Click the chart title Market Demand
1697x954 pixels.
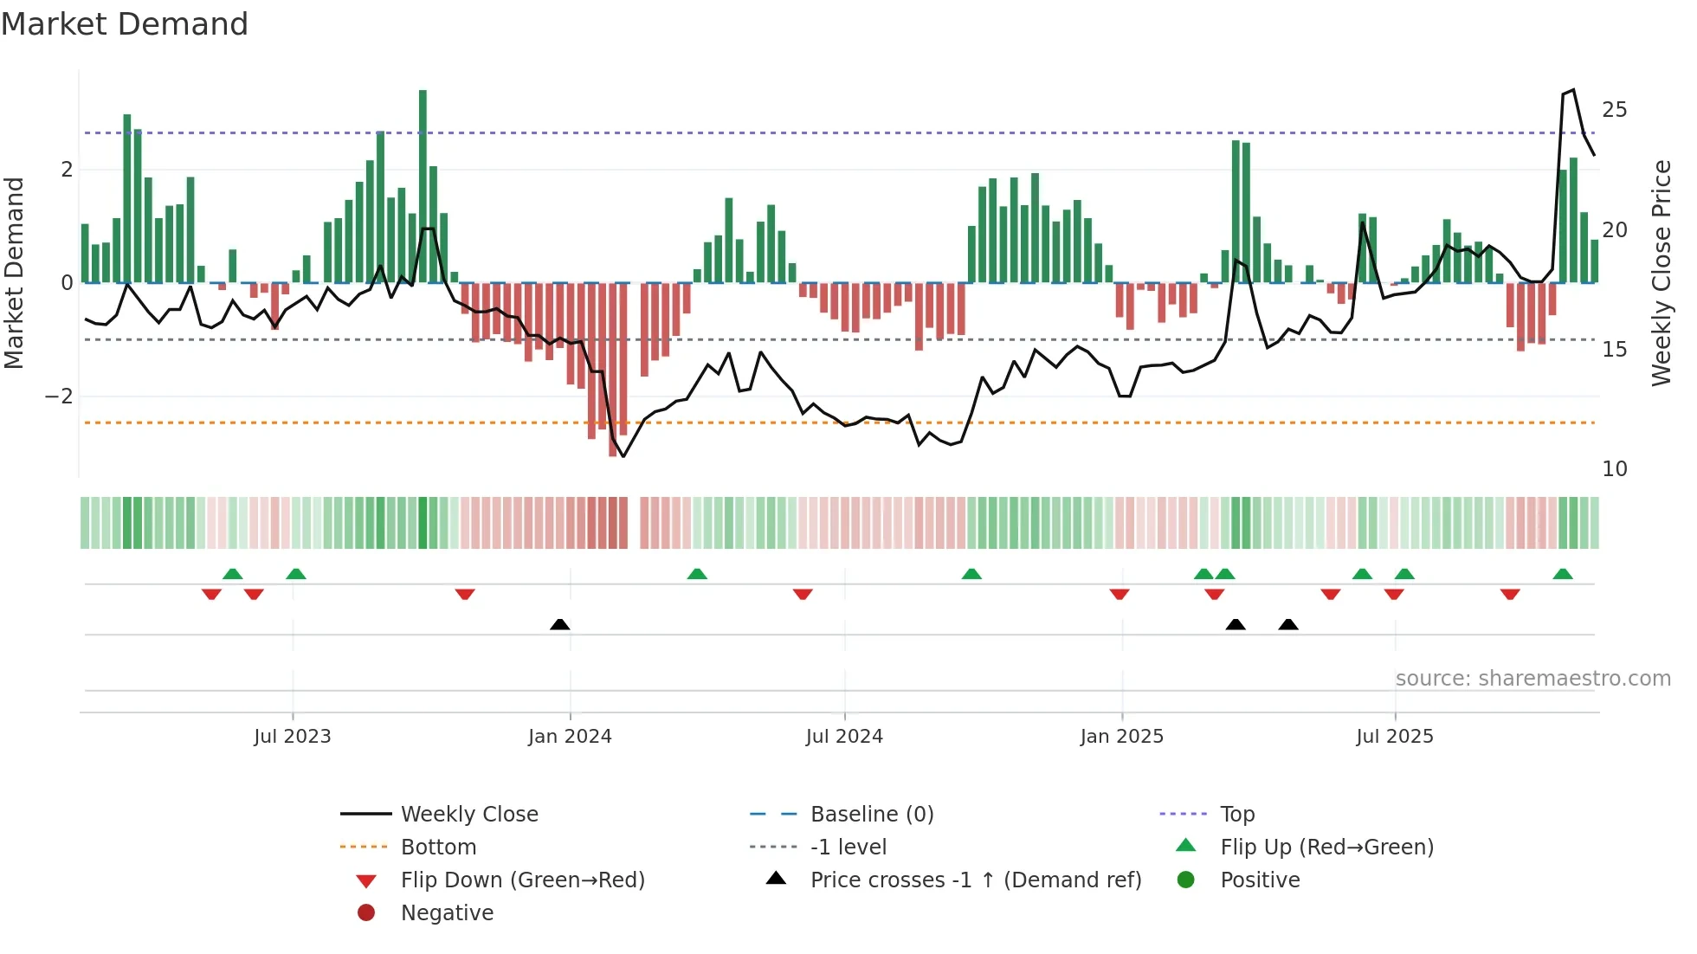point(125,24)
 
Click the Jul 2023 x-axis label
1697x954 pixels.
point(293,737)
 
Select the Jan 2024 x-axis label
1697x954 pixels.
point(570,737)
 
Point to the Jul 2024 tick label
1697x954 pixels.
point(844,737)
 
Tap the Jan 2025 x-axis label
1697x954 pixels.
point(1122,737)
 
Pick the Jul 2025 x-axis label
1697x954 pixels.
point(1395,737)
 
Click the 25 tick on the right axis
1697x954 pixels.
point(1614,110)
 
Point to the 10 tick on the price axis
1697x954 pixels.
point(1614,469)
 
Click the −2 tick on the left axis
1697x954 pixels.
point(59,396)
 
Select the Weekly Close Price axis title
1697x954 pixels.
point(1661,273)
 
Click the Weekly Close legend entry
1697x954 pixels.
point(469,815)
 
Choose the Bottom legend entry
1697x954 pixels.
point(438,848)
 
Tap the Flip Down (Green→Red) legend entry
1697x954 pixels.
point(522,880)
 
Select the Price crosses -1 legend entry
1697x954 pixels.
point(976,880)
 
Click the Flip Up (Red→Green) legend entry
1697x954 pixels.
point(1326,848)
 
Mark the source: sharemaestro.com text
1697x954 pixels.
point(1532,679)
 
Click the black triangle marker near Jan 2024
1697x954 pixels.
point(560,624)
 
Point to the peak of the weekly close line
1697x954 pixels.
point(1573,90)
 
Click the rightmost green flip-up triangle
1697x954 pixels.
point(1563,574)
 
